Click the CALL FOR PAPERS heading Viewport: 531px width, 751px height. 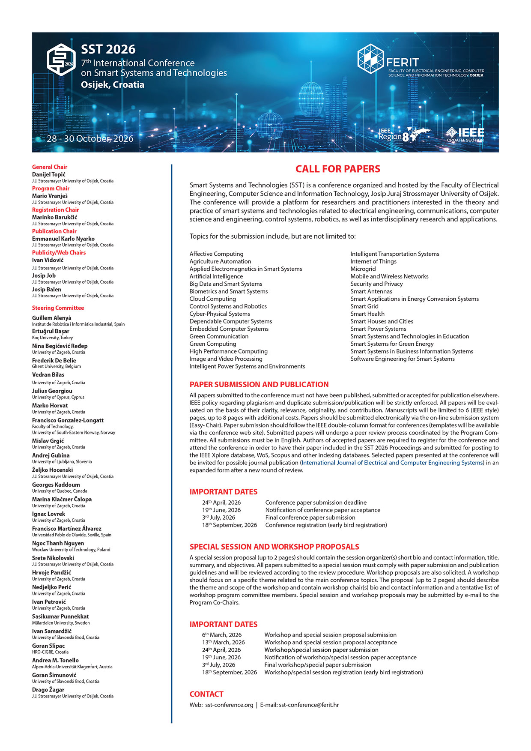coord(337,169)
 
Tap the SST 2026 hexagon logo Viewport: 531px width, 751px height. coord(61,60)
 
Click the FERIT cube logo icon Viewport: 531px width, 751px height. coord(370,59)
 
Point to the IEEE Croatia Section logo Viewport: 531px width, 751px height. coord(465,134)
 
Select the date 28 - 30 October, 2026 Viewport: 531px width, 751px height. coord(90,139)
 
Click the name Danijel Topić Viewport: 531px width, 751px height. coord(49,174)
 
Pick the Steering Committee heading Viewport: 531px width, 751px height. coord(58,308)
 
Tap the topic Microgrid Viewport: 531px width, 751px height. coord(363,269)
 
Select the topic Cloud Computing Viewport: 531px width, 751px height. coord(212,299)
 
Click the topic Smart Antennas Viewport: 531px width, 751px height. coord(371,291)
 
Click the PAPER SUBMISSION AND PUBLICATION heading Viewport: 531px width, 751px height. coord(259,385)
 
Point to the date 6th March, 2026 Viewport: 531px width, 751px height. coord(222,635)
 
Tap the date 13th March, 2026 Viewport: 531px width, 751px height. coord(224,643)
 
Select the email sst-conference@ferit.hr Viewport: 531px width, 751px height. coord(308,705)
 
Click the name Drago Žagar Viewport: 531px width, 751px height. coord(48,690)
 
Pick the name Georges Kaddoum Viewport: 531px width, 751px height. coord(56,485)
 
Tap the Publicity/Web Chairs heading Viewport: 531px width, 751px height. coord(59,253)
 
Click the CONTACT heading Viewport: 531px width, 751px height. coord(206,694)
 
